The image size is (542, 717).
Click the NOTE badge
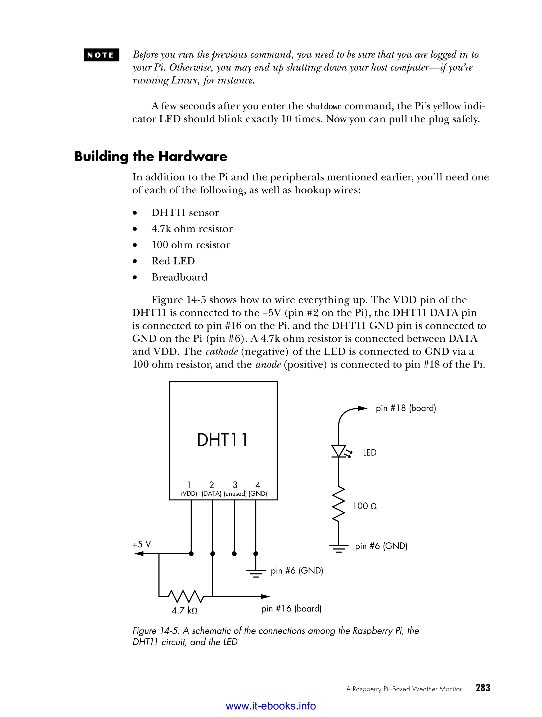[101, 55]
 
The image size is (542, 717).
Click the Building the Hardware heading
[151, 157]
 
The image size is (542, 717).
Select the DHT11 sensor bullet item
[185, 213]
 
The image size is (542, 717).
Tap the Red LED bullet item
[173, 261]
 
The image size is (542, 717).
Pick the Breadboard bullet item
[179, 277]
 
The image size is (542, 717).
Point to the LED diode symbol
[339, 451]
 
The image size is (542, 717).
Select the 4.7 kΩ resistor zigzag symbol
[185, 596]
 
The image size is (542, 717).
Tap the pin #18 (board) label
[406, 408]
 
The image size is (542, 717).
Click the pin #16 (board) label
[291, 608]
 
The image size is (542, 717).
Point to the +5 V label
[142, 544]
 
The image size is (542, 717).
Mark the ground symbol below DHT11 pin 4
[256, 573]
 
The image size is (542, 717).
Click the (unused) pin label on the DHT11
[235, 494]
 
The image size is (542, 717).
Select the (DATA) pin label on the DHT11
[211, 494]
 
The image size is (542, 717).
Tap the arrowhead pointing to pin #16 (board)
[265, 596]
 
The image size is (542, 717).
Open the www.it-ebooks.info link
[271, 706]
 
